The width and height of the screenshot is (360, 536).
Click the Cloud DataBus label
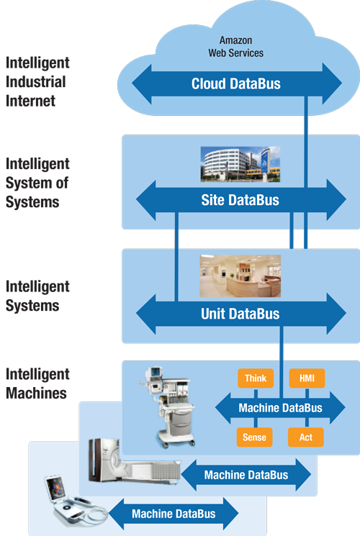[x=235, y=84]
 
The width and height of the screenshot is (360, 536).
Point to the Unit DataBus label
[x=240, y=314]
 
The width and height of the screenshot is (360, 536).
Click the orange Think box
[x=256, y=378]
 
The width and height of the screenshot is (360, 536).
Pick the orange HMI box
[x=306, y=378]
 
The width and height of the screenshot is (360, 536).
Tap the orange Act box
[x=306, y=437]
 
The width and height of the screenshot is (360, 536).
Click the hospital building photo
[x=240, y=163]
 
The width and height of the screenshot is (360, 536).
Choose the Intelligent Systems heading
[x=37, y=296]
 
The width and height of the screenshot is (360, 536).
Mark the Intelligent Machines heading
[x=37, y=383]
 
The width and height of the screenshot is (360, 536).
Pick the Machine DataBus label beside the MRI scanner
[x=246, y=475]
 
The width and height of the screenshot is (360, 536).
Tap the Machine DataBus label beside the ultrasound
[x=174, y=513]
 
